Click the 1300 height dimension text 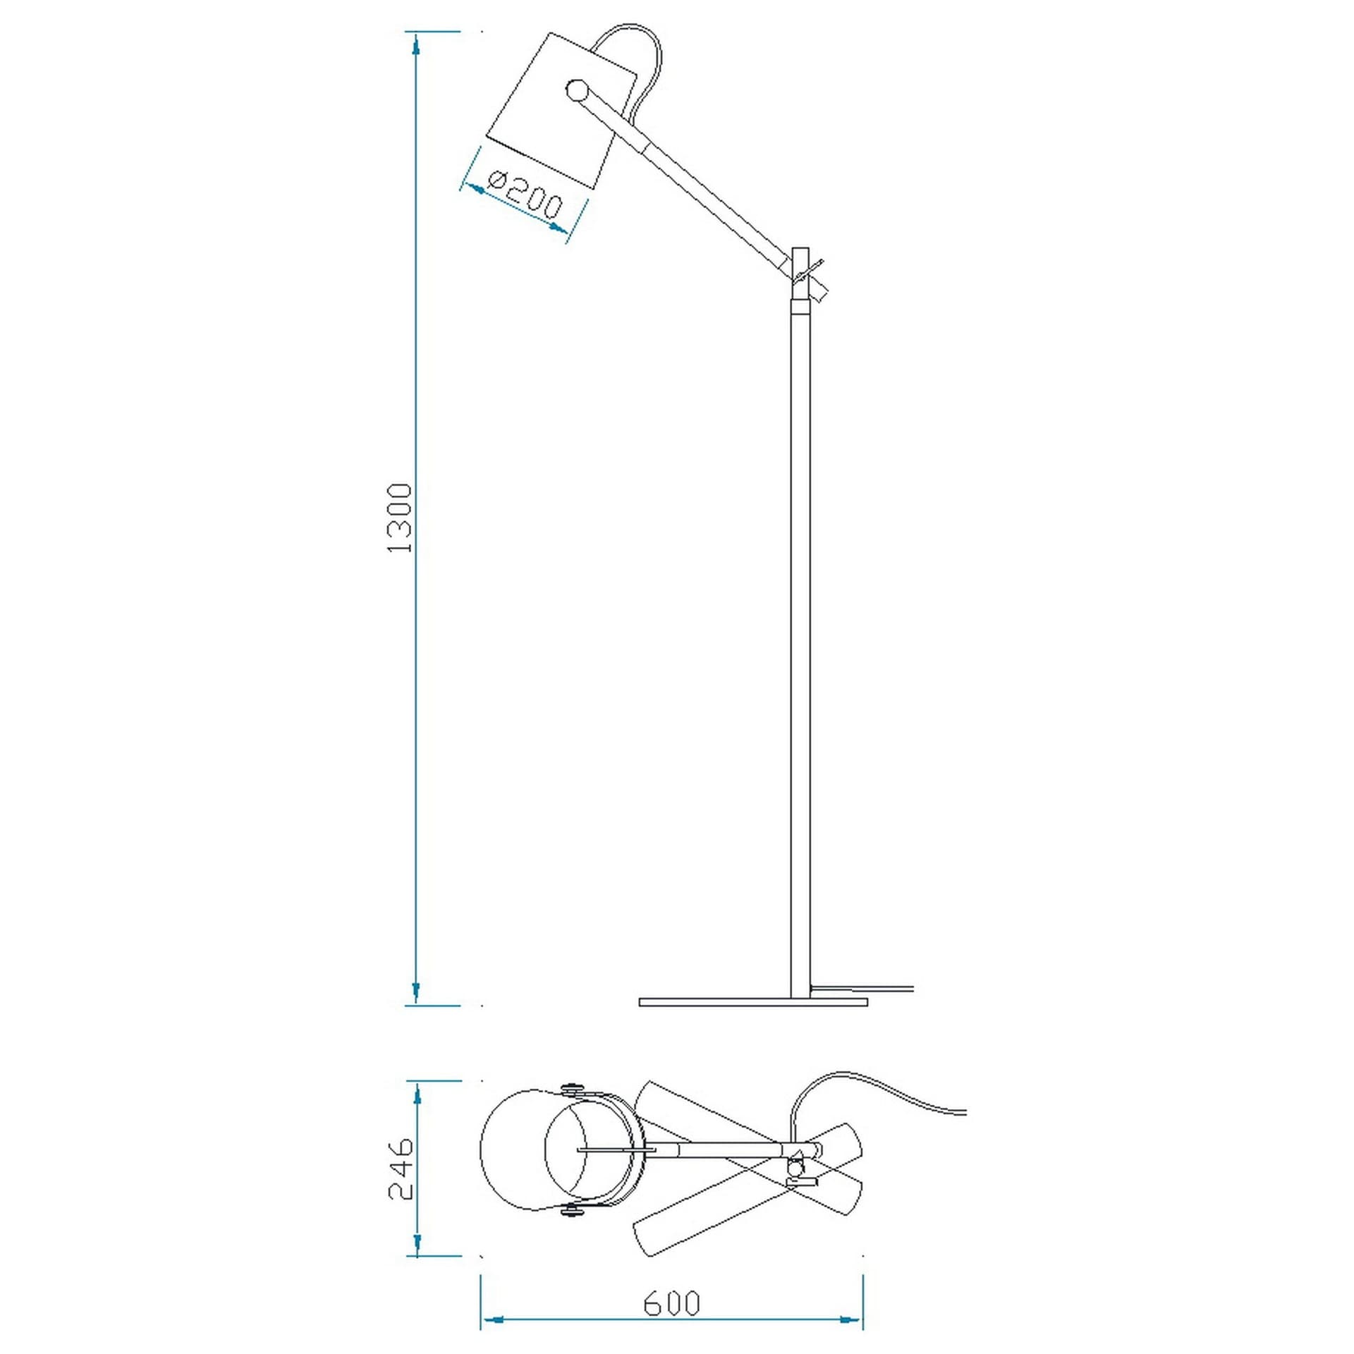point(400,518)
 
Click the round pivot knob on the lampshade point(577,90)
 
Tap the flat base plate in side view point(753,1002)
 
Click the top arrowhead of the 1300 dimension point(417,47)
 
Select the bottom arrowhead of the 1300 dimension point(416,991)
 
